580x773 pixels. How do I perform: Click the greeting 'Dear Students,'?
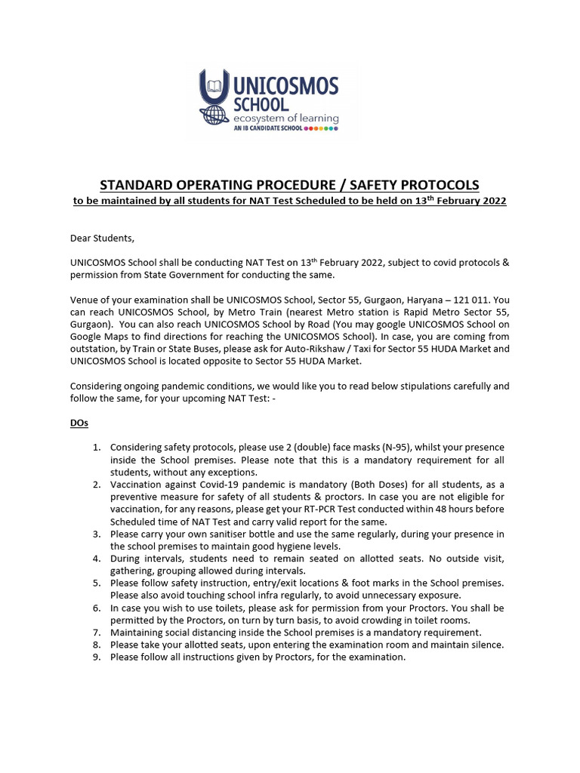102,239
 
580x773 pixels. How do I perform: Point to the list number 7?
97,632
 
